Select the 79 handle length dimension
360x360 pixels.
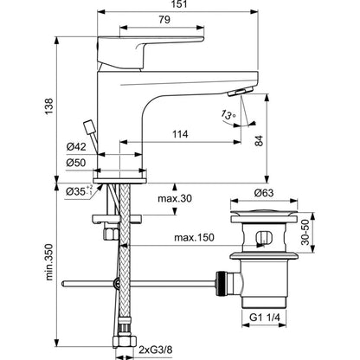pyautogui.click(x=164, y=20)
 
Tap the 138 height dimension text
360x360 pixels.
pyautogui.click(x=49, y=106)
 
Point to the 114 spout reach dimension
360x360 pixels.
pyautogui.click(x=180, y=134)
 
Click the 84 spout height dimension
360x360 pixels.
pyautogui.click(x=259, y=141)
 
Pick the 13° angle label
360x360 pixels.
pyautogui.click(x=228, y=114)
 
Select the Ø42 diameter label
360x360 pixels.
pyautogui.click(x=76, y=147)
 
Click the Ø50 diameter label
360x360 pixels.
pyautogui.click(x=76, y=163)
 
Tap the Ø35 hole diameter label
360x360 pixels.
pyautogui.click(x=79, y=190)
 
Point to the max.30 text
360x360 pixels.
pyautogui.click(x=175, y=198)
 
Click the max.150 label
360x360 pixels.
pyautogui.click(x=194, y=238)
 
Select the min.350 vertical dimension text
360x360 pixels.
pyautogui.click(x=49, y=262)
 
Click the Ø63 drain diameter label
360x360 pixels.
pyautogui.click(x=264, y=193)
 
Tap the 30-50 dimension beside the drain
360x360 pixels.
pyautogui.click(x=305, y=232)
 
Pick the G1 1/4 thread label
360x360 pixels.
pyautogui.click(x=265, y=318)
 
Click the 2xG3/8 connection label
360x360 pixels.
pyautogui.click(x=155, y=350)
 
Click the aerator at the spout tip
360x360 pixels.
pyautogui.click(x=239, y=92)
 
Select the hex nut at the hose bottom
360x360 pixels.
pyautogui.click(x=125, y=342)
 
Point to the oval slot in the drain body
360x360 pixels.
pyautogui.click(x=263, y=237)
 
